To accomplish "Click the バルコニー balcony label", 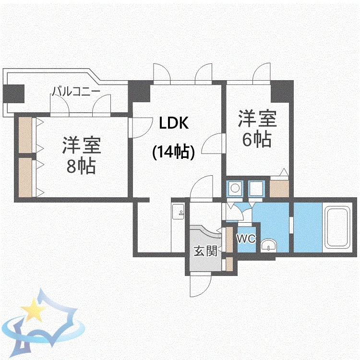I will [x=75, y=90].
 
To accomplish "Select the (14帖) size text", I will [x=174, y=152].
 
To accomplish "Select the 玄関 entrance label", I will [x=205, y=251].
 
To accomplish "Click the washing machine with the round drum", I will [x=235, y=189].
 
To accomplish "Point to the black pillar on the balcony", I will [x=14, y=93].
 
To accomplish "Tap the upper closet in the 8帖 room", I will [x=25, y=135].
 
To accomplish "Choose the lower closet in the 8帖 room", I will [x=25, y=177].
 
